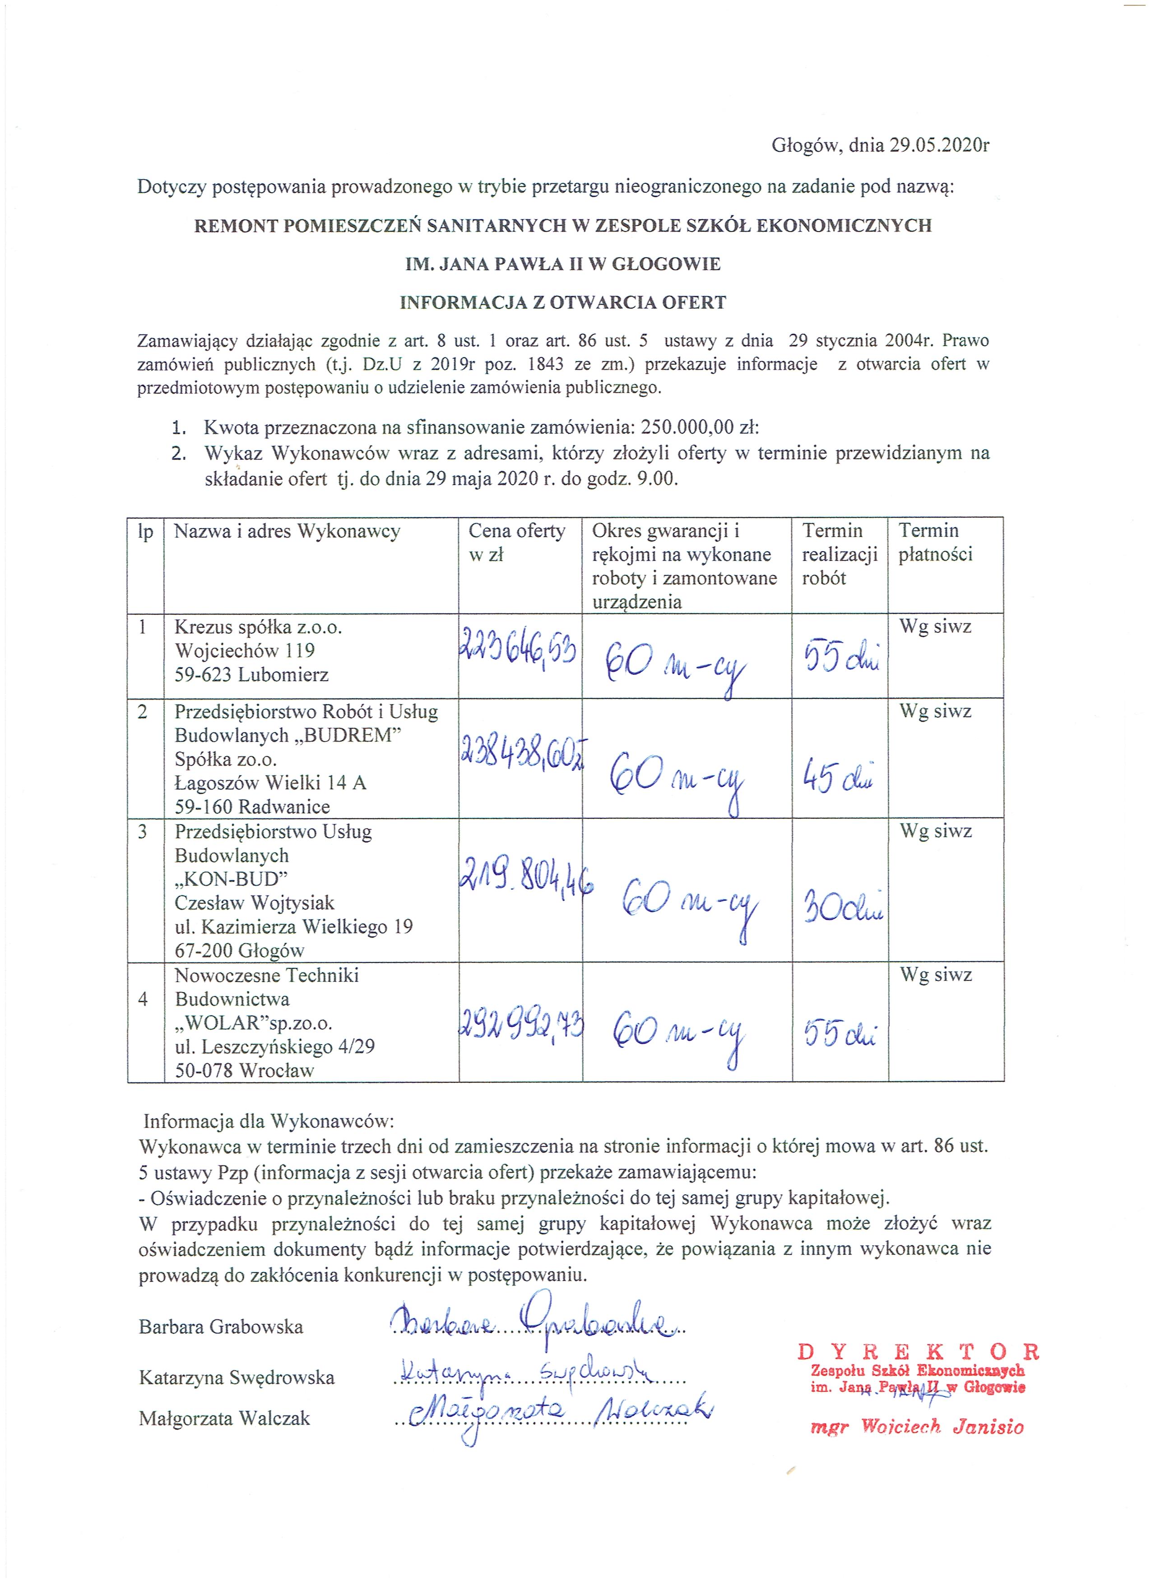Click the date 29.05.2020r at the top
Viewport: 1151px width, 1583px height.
[x=939, y=145]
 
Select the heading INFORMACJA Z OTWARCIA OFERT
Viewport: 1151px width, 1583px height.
[x=562, y=302]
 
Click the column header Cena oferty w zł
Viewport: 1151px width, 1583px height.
[x=516, y=542]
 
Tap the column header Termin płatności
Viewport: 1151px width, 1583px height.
[x=935, y=542]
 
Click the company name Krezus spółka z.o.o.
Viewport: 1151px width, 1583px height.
[x=258, y=627]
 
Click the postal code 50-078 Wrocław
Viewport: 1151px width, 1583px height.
[x=244, y=1070]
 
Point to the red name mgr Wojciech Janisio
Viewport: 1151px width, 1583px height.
[x=916, y=1427]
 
